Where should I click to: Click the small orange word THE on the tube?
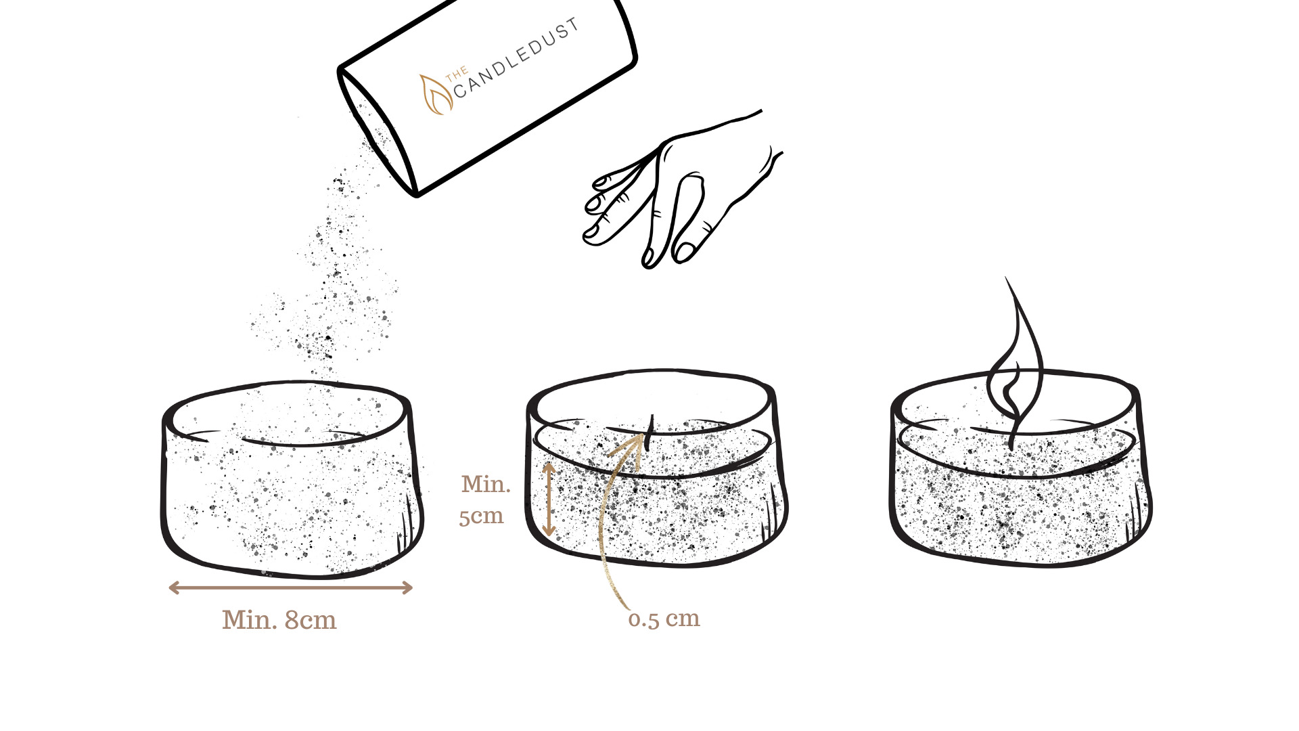click(x=457, y=73)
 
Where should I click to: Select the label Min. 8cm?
click(x=279, y=620)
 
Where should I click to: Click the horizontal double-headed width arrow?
click(x=290, y=588)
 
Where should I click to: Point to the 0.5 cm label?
click(x=664, y=619)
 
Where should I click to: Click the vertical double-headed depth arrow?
click(x=549, y=499)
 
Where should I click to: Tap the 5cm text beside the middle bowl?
click(x=481, y=516)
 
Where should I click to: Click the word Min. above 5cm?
click(x=486, y=485)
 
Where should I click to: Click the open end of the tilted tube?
click(x=376, y=133)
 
